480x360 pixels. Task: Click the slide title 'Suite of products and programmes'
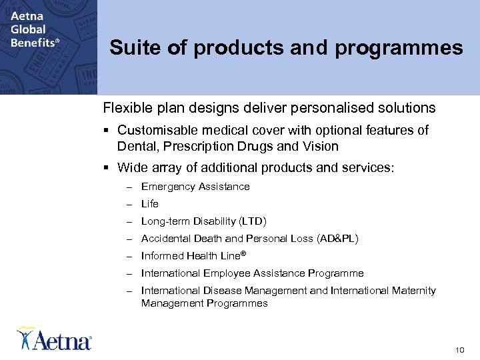pyautogui.click(x=286, y=48)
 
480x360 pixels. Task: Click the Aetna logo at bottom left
pyautogui.click(x=55, y=339)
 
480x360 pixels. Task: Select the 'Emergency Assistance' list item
pyautogui.click(x=195, y=187)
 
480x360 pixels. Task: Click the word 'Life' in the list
pyautogui.click(x=150, y=204)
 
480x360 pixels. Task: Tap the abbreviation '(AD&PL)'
pyautogui.click(x=337, y=239)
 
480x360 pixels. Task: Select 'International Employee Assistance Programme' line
pyautogui.click(x=252, y=273)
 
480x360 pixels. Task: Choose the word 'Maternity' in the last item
pyautogui.click(x=413, y=291)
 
